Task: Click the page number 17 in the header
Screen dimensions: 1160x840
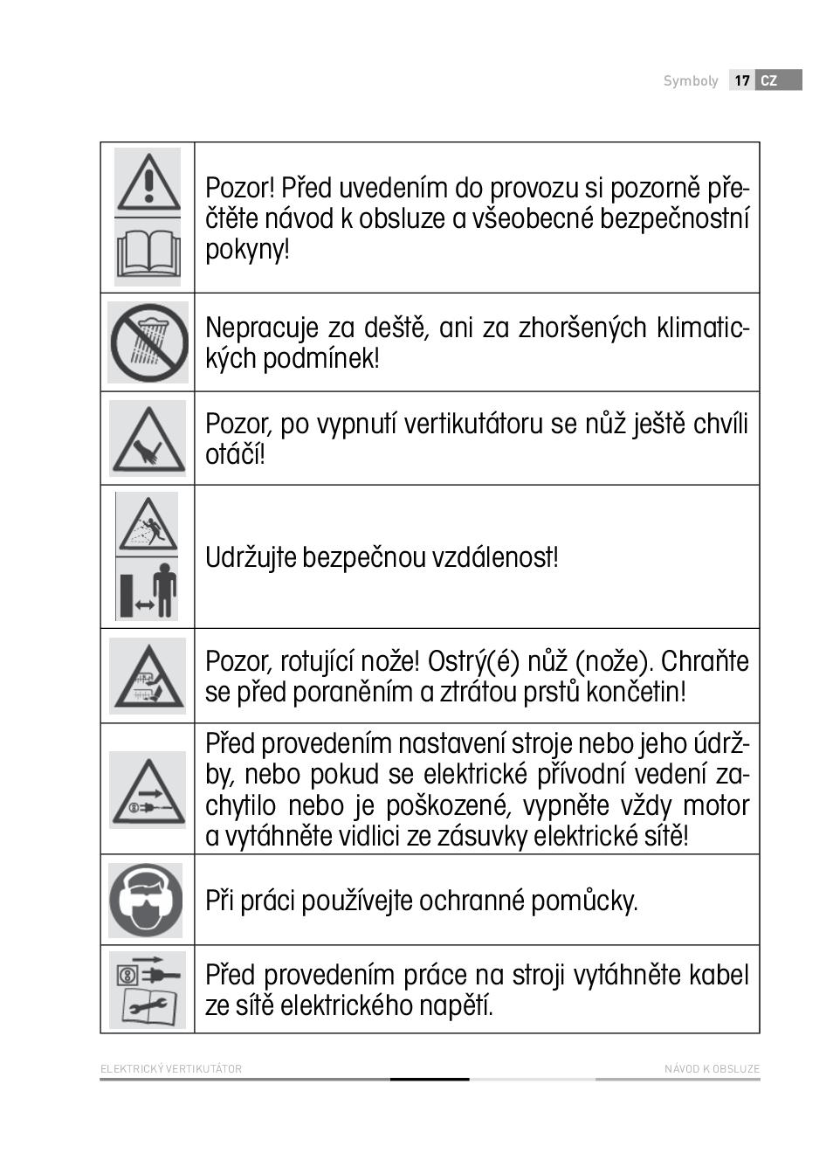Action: (x=741, y=80)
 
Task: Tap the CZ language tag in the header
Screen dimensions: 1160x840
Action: (x=768, y=80)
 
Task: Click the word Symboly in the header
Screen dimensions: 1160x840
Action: (x=690, y=81)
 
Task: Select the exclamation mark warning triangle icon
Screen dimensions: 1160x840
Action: (x=148, y=182)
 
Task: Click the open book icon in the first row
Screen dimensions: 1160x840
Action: (x=148, y=252)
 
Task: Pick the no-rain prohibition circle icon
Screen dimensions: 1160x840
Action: (x=148, y=342)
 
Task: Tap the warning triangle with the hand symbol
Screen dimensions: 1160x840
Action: (x=148, y=439)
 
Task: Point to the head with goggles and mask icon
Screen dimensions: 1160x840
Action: (x=146, y=900)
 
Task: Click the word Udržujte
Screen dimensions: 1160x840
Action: (x=251, y=557)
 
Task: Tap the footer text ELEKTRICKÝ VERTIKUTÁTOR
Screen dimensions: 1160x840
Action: (x=171, y=1069)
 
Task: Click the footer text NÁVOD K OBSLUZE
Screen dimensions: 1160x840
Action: (x=712, y=1069)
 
